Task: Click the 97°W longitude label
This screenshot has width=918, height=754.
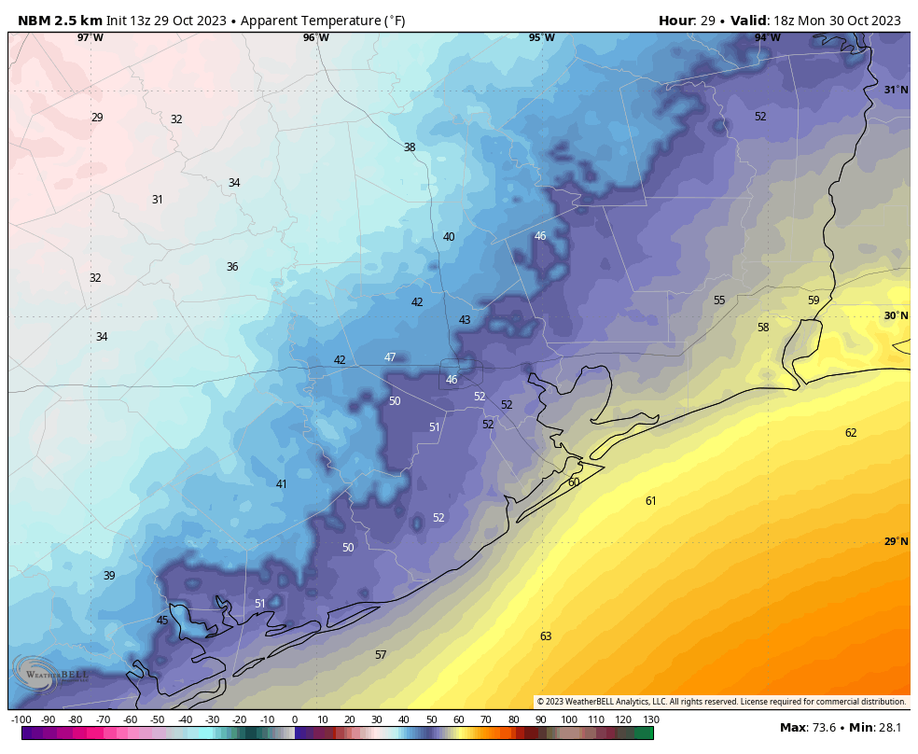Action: [90, 37]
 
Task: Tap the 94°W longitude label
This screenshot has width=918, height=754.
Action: [767, 37]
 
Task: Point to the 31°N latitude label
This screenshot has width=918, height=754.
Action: [896, 90]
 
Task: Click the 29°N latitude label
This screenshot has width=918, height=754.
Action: [896, 541]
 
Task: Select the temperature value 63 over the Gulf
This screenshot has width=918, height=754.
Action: [546, 636]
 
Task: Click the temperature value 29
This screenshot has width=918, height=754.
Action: [97, 118]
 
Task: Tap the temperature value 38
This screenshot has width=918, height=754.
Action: [410, 147]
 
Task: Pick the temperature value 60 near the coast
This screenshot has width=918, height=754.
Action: [574, 482]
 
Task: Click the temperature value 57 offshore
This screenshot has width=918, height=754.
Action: [381, 655]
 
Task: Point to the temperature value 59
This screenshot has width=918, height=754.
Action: [814, 300]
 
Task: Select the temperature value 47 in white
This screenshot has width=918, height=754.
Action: [390, 357]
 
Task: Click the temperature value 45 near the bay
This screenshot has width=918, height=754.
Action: [162, 621]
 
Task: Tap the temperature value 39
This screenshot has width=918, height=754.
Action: [109, 576]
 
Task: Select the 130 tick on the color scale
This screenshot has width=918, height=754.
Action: [650, 719]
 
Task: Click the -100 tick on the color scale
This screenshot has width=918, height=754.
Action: [21, 719]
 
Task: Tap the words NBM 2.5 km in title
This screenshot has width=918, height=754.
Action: [60, 21]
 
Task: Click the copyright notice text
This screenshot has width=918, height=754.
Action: [721, 702]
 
